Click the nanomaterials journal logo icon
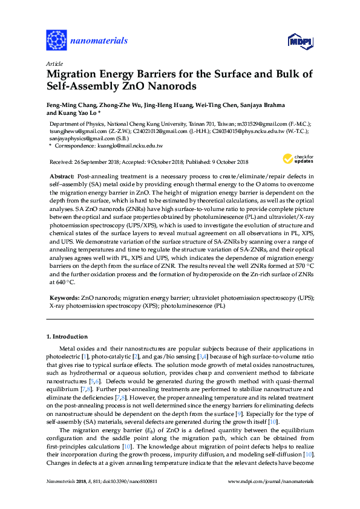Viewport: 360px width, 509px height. [57, 41]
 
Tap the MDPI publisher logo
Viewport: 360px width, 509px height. [295, 41]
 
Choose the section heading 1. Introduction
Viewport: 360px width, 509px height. [67, 336]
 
